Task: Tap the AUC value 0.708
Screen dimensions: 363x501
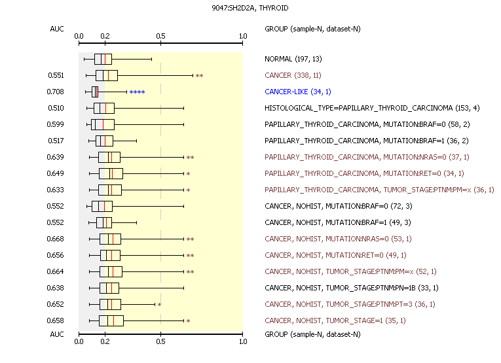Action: [56, 92]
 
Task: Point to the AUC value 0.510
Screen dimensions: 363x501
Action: [56, 108]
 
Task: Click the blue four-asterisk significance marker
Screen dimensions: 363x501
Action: [137, 92]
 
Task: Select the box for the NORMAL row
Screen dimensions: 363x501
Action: [103, 59]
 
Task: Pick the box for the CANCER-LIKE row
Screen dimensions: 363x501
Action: [95, 92]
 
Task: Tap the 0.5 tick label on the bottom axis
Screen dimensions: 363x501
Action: [161, 341]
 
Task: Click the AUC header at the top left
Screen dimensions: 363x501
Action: [57, 29]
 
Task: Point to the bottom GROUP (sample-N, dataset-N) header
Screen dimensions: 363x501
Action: [312, 334]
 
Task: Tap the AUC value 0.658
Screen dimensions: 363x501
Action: [56, 320]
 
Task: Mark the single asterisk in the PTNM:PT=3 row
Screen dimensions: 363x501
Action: [159, 305]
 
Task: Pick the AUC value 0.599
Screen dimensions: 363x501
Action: [56, 124]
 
